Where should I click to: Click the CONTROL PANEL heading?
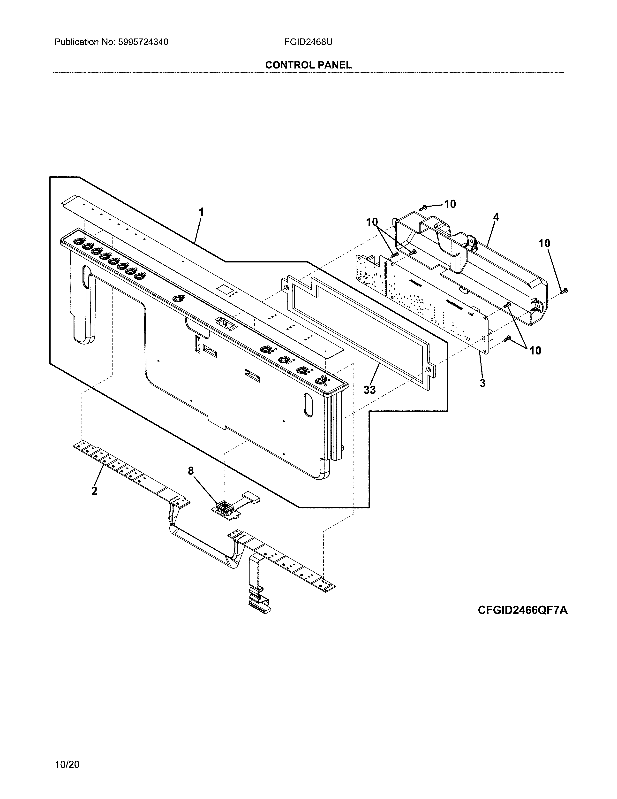(x=308, y=65)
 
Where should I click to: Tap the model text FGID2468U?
(x=308, y=42)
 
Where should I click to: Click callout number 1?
(x=201, y=212)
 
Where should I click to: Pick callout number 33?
(x=369, y=390)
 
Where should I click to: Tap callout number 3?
(x=482, y=384)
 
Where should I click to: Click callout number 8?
(x=191, y=471)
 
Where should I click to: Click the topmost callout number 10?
(x=450, y=204)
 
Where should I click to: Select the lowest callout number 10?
(x=535, y=351)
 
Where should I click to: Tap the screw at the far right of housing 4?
(x=564, y=291)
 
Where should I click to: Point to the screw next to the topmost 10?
(x=424, y=207)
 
